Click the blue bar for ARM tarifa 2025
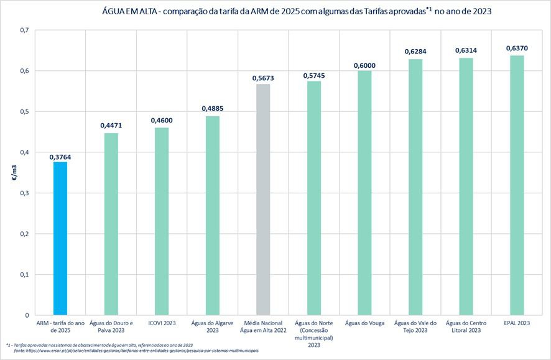[x=60, y=238]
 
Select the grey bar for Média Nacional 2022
[x=263, y=200]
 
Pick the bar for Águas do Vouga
[x=364, y=193]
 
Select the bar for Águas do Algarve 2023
[x=213, y=215]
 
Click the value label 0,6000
[x=364, y=65]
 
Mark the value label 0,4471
[x=111, y=126]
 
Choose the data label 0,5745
[x=314, y=75]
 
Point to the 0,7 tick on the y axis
[x=24, y=30]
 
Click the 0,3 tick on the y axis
[x=24, y=193]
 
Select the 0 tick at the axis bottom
[x=27, y=315]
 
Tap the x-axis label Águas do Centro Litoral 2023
[x=466, y=327]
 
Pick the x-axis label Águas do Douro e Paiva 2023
[x=111, y=327]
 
